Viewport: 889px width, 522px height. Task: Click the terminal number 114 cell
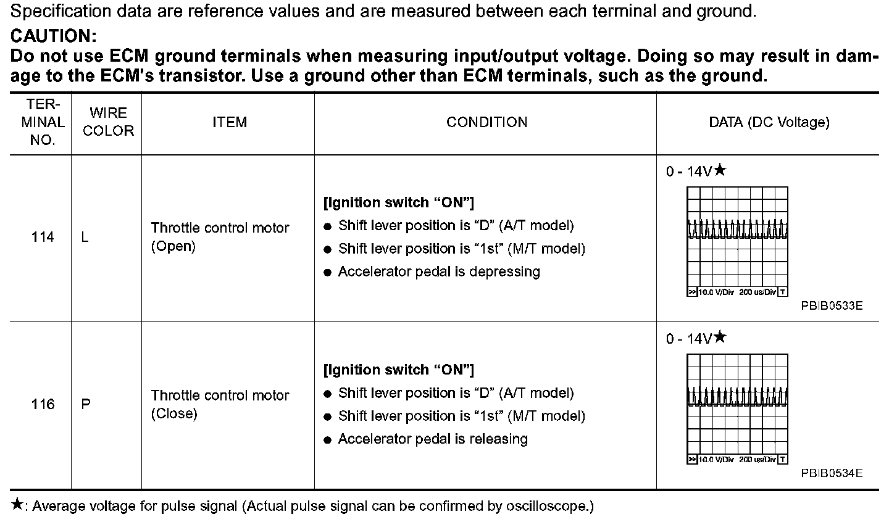coord(43,237)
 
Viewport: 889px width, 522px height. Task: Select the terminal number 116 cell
coord(43,404)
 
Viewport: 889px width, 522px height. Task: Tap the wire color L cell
coord(85,237)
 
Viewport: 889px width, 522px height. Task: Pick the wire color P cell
coord(86,404)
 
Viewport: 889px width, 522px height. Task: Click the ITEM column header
coord(229,122)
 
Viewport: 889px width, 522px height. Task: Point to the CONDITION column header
coord(486,122)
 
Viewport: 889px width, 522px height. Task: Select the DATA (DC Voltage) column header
coord(769,122)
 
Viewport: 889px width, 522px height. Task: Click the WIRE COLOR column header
coord(108,122)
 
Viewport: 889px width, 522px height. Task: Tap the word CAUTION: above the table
coord(54,35)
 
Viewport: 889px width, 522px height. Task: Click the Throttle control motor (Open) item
coord(220,237)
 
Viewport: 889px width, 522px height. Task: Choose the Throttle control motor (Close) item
coord(220,404)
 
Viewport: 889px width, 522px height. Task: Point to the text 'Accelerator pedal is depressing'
coord(439,272)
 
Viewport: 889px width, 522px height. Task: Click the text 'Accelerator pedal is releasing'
coord(433,439)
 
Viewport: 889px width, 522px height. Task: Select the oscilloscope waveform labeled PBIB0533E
coord(737,241)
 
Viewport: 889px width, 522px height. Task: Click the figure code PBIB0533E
coord(832,305)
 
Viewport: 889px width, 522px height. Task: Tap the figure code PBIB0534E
coord(832,473)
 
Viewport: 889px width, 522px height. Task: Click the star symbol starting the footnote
coord(17,505)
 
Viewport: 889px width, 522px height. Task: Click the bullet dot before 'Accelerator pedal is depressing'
coord(328,273)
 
